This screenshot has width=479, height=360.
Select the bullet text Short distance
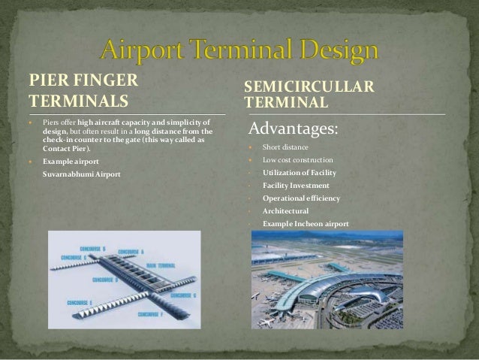pos(285,147)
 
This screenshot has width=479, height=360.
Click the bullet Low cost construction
pos(298,160)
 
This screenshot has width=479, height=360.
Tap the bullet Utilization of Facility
pos(300,173)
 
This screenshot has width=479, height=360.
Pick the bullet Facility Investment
pos(296,186)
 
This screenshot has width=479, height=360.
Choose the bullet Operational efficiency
pos(301,198)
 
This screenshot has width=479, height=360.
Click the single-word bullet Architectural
pos(285,211)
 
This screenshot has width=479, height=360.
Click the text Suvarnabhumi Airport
pos(81,174)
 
